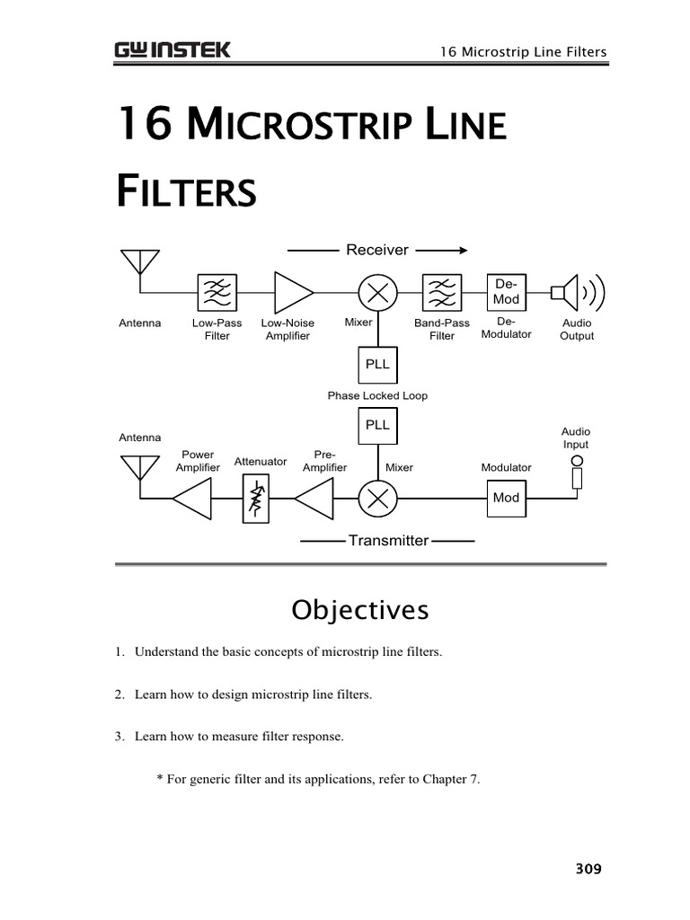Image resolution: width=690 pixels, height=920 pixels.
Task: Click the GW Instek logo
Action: point(172,49)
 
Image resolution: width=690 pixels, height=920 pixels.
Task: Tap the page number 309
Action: point(588,869)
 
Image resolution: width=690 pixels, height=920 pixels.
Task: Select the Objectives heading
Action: point(360,611)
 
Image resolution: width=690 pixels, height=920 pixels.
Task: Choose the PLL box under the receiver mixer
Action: point(377,365)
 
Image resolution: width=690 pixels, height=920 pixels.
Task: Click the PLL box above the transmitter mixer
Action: point(377,425)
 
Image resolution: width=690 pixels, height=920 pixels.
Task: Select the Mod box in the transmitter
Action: point(506,499)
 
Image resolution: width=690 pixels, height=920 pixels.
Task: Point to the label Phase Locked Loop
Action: point(377,395)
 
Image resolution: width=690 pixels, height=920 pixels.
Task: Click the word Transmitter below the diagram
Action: point(388,541)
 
